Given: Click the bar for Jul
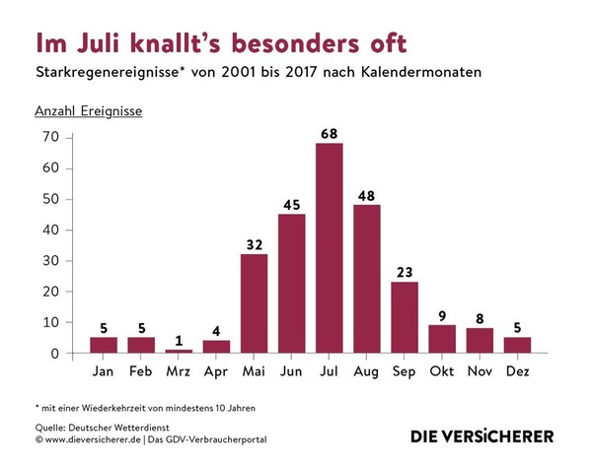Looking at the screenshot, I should click(329, 248).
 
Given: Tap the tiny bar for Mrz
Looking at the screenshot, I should click(179, 351).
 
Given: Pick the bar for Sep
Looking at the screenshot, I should click(404, 317).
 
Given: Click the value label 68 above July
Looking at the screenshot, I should click(329, 132).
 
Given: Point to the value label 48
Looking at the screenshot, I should click(366, 193).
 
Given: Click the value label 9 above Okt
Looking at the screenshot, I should click(441, 313).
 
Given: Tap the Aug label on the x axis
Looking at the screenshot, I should click(366, 371).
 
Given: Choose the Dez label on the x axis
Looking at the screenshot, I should click(516, 371).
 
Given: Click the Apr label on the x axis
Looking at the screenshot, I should click(216, 371).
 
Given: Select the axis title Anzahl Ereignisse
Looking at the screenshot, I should click(89, 110).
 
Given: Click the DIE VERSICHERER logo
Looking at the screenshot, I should click(482, 435).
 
